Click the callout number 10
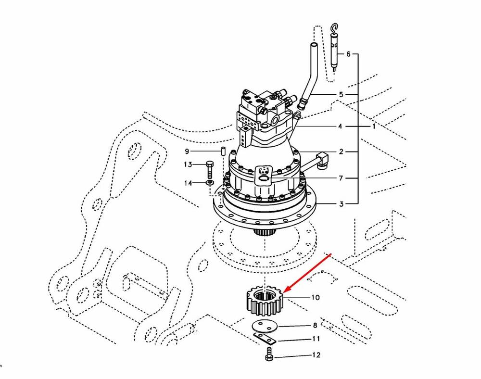point(315,298)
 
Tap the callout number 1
point(374,127)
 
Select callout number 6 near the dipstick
point(348,54)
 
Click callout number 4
point(340,127)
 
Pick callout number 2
point(341,152)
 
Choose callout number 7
point(341,178)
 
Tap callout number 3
point(341,204)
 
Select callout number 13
point(187,165)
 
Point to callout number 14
point(187,183)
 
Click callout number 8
point(315,325)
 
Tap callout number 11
point(316,339)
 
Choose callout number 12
point(316,356)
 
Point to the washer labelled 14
point(210,183)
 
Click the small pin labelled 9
point(223,152)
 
